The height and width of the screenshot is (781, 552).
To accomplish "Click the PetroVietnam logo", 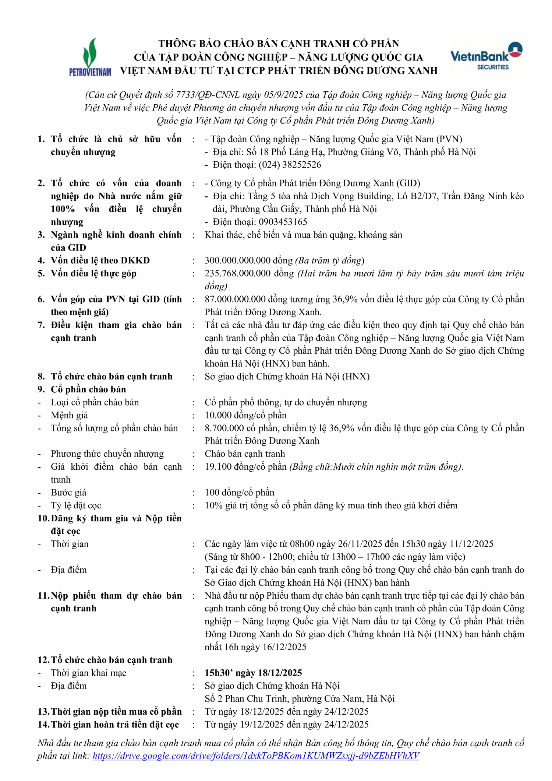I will pyautogui.click(x=90, y=57).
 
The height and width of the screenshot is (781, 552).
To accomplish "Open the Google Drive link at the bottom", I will pyautogui.click(x=256, y=756).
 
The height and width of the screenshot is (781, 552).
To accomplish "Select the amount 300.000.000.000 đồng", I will pyautogui.click(x=249, y=260).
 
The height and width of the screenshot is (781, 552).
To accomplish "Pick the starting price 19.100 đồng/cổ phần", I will pyautogui.click(x=245, y=467).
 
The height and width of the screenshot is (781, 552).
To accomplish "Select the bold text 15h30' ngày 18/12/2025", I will pyautogui.click(x=253, y=673).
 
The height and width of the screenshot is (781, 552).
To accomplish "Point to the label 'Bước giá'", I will pyautogui.click(x=68, y=493).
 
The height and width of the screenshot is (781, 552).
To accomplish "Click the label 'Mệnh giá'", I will pyautogui.click(x=69, y=415).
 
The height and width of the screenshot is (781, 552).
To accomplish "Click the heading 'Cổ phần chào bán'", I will pyautogui.click(x=88, y=389).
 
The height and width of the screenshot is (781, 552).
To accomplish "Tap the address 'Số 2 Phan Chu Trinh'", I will pyautogui.click(x=247, y=699).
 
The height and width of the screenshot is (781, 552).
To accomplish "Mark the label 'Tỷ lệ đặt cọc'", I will pyautogui.click(x=76, y=505).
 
